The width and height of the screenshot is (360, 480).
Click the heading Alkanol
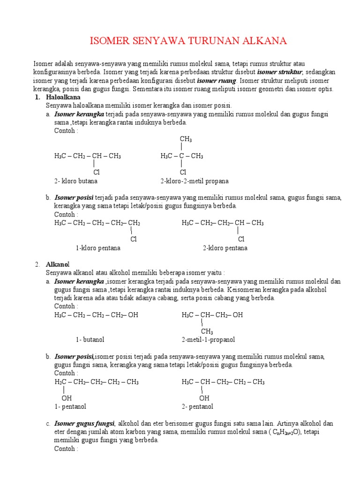[57, 264]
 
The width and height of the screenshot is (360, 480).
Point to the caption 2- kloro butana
[76, 181]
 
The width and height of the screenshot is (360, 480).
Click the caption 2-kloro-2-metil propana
[194, 181]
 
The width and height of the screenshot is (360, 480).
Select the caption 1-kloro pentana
[98, 248]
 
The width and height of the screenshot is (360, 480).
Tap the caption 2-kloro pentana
[225, 248]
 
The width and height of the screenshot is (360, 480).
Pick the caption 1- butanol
[90, 339]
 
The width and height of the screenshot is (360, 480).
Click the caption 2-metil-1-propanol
[208, 339]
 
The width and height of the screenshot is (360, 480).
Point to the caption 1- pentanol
[70, 406]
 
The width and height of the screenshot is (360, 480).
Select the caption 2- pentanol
[197, 406]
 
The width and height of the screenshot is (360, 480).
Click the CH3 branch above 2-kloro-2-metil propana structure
[186, 139]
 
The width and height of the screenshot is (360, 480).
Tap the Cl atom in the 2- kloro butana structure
[97, 172]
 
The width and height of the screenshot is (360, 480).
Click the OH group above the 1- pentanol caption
[67, 398]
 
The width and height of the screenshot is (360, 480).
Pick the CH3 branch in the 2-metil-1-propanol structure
[207, 331]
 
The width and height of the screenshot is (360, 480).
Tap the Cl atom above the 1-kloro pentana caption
[134, 239]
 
